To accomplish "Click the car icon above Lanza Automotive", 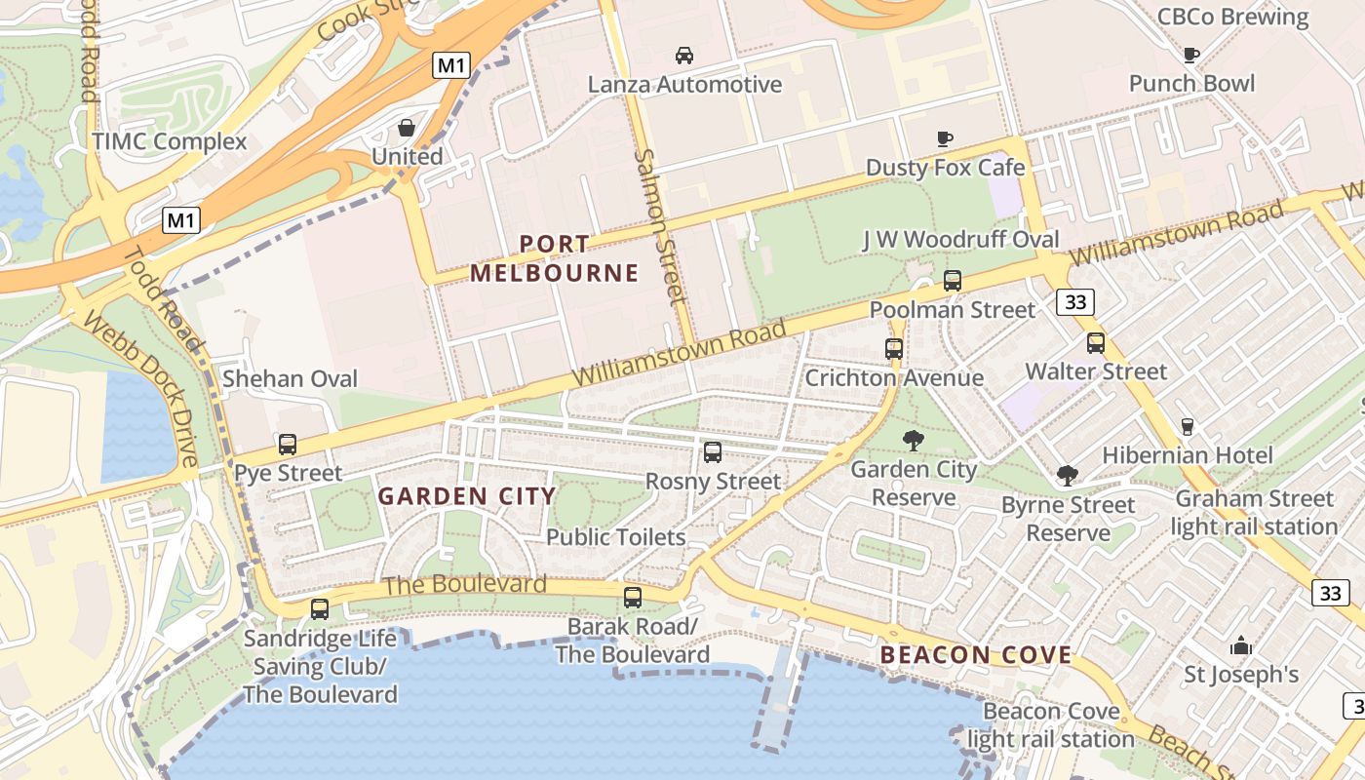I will [x=684, y=55].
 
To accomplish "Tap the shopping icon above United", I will [x=407, y=128].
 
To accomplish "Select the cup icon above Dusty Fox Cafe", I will [x=944, y=138].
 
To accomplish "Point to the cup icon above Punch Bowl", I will [x=1190, y=55].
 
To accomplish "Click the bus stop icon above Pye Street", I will [x=288, y=445].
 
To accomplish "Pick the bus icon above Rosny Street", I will [x=713, y=452].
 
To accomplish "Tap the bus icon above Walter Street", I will [x=1096, y=343].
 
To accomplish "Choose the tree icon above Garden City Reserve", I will [x=913, y=441].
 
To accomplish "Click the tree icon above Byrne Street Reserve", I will [x=1068, y=476].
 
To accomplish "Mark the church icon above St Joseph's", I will [x=1241, y=645].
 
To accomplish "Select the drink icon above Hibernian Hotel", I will [x=1187, y=426].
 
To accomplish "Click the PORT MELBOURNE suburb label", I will [x=555, y=258].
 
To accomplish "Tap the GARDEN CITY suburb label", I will [x=467, y=496].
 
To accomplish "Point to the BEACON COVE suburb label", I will [x=976, y=655].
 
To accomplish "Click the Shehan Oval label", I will [x=291, y=378].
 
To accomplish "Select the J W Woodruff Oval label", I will [x=960, y=240].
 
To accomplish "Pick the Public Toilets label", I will [x=616, y=537].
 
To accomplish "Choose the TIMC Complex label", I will [x=170, y=141].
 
